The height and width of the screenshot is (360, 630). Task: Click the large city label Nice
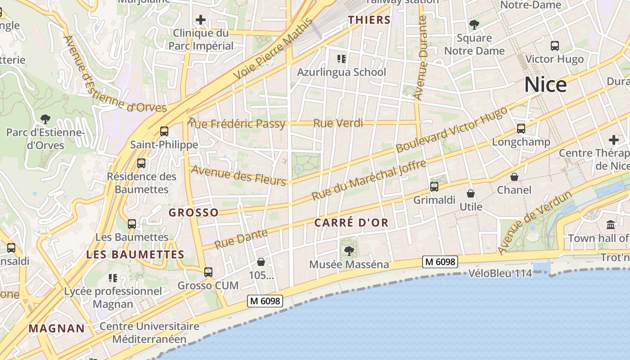545,85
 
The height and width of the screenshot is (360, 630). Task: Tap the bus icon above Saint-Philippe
164,131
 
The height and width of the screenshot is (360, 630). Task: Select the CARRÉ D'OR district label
351,223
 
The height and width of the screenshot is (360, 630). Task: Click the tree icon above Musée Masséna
348,251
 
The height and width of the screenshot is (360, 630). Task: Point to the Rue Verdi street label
338,123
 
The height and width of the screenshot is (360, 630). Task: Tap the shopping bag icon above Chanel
514,177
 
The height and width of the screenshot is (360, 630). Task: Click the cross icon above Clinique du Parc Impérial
201,20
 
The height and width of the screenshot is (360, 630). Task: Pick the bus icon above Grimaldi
434,186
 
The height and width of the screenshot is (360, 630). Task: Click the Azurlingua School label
342,72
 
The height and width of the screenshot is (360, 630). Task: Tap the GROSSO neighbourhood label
193,212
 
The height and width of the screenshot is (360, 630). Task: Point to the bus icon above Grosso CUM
208,272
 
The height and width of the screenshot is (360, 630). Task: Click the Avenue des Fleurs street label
238,175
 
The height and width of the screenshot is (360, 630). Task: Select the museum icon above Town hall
611,225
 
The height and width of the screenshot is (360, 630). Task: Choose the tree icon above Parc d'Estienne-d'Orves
45,119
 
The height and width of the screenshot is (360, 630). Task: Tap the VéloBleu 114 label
500,273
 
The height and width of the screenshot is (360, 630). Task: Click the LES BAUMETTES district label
135,254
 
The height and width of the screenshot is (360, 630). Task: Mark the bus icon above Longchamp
521,129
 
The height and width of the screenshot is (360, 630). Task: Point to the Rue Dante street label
241,239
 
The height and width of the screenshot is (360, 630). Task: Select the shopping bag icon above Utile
471,193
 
